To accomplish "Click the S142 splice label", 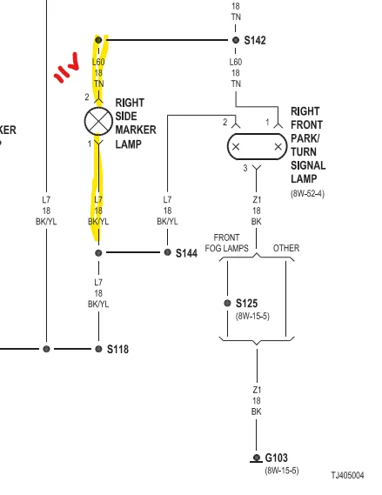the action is [255, 40].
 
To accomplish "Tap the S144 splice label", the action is [186, 253].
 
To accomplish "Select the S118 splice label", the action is [117, 349].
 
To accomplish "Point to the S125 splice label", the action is [246, 304].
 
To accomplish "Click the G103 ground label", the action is [276, 458].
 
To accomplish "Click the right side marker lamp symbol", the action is [98, 121].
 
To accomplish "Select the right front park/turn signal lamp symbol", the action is [257, 146].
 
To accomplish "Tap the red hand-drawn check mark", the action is [67, 68].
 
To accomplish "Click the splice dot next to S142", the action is [236, 40].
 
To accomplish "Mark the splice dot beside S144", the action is [168, 252].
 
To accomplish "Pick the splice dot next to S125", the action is [227, 303].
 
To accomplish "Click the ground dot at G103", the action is [257, 458].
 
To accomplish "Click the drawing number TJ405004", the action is [347, 475].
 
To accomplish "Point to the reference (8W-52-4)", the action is [307, 193].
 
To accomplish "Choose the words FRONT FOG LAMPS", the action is [226, 243].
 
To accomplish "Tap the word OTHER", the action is [286, 248].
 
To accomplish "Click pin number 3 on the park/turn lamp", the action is [245, 168].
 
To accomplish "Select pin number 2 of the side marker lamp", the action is [87, 97].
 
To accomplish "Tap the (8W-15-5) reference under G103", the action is [282, 471].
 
